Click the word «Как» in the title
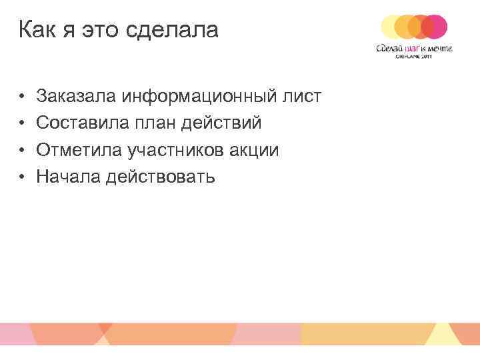coord(37,30)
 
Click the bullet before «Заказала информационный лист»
coord(22,97)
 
